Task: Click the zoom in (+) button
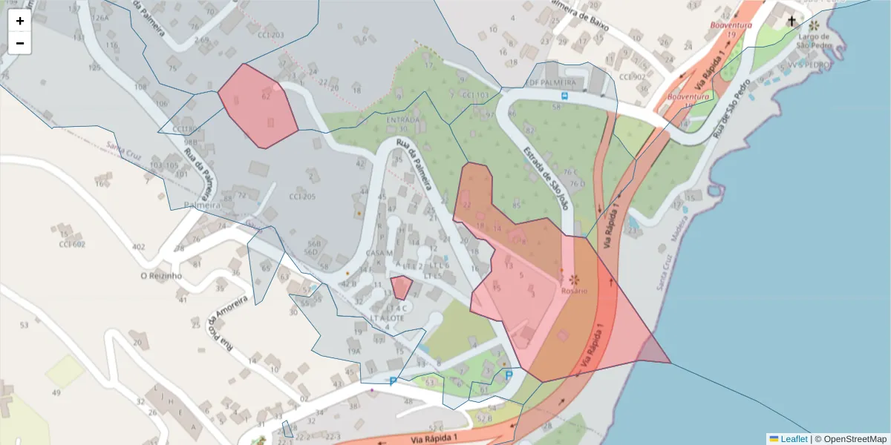tap(20, 21)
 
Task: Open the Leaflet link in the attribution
tap(794, 439)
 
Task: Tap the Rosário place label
tap(574, 291)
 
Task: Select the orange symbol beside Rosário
tap(574, 280)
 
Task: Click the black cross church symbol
tap(792, 22)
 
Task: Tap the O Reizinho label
tap(161, 276)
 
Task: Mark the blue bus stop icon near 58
tap(565, 96)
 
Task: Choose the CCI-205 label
tap(302, 197)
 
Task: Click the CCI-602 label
tap(72, 244)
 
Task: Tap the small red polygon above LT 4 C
tap(402, 286)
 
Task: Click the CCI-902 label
tap(633, 76)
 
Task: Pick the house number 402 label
tap(138, 247)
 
